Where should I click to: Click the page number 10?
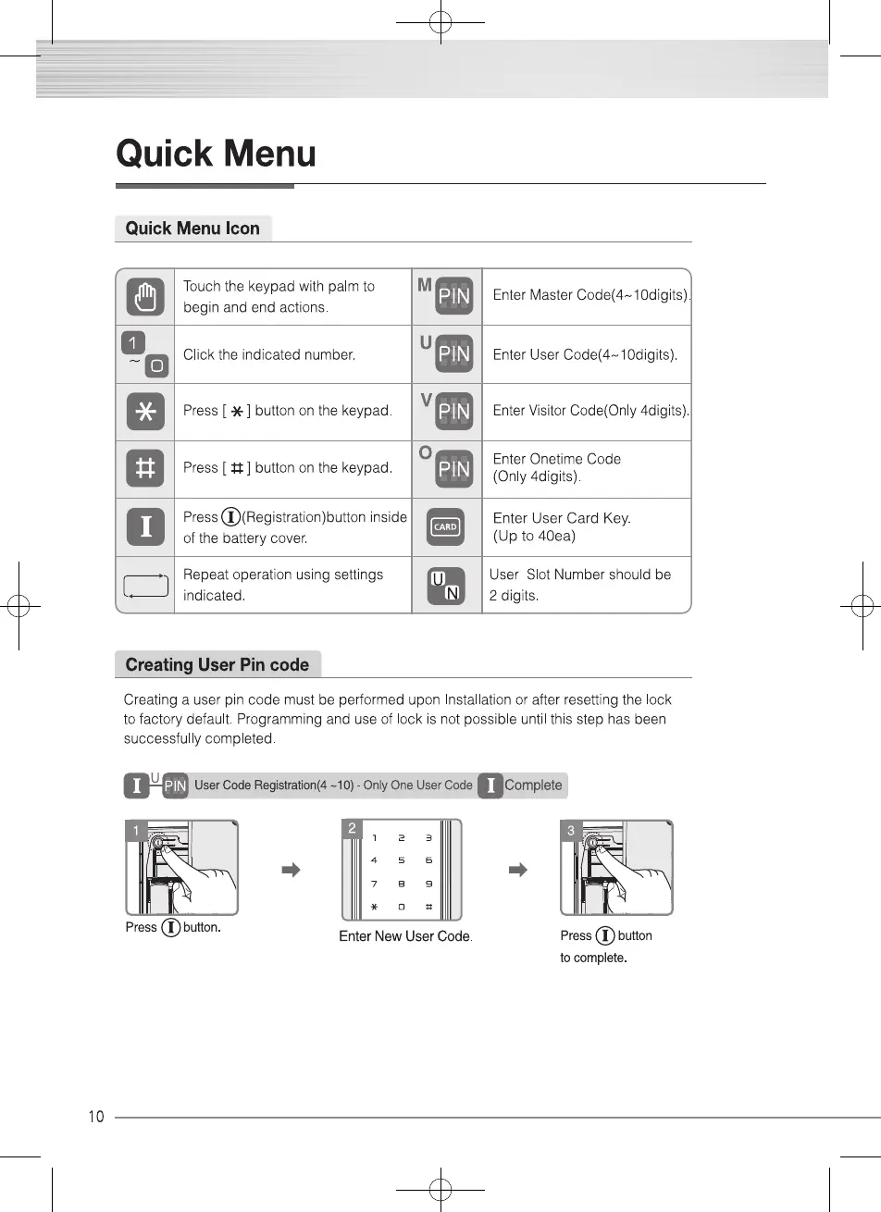[96, 1117]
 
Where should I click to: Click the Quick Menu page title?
[216, 154]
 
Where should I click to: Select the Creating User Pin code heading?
[217, 664]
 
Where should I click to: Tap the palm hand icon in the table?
[145, 297]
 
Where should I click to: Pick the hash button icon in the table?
[145, 469]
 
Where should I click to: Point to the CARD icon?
[446, 527]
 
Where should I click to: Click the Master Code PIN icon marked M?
[453, 296]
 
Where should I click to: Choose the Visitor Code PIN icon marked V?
[453, 411]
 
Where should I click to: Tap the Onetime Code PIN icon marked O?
[453, 469]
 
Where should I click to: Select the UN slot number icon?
[446, 586]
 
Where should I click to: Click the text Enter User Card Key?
[562, 518]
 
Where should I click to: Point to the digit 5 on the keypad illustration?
[402, 860]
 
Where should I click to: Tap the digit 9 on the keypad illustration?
[428, 884]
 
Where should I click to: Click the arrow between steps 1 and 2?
[292, 870]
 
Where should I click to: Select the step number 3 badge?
[570, 831]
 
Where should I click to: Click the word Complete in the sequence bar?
[533, 785]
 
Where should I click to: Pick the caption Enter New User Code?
[405, 936]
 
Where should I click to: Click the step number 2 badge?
[352, 829]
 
